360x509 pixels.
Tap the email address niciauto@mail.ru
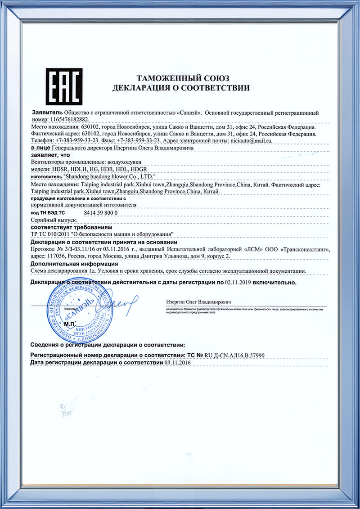pos(252,141)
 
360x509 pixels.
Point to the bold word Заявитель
pos(47,113)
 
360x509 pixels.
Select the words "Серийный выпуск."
pos(53,220)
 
